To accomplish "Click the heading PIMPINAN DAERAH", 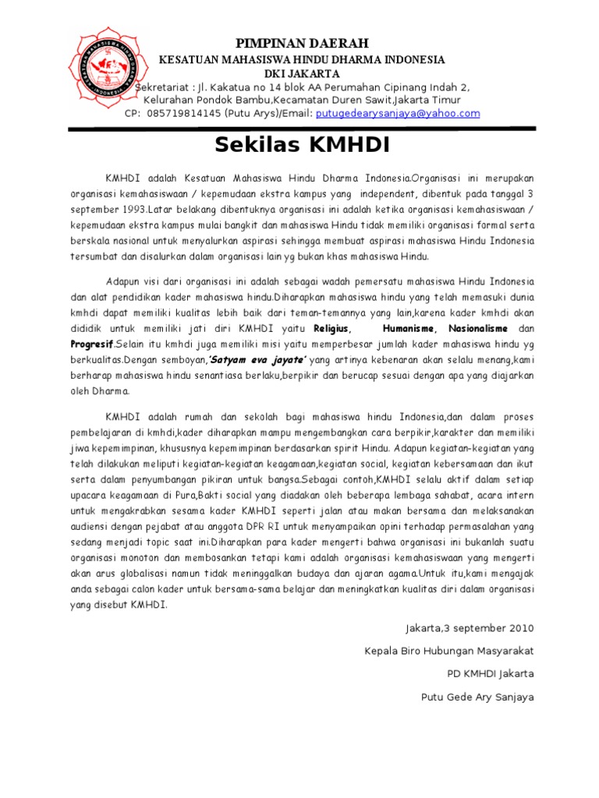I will click(303, 42).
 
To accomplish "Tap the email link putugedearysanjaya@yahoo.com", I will click(397, 113).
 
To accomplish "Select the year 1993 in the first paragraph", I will click(133, 208).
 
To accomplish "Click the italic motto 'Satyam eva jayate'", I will click(256, 359).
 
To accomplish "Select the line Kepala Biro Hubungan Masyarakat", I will click(449, 651).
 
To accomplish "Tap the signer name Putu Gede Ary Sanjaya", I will click(477, 697).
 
